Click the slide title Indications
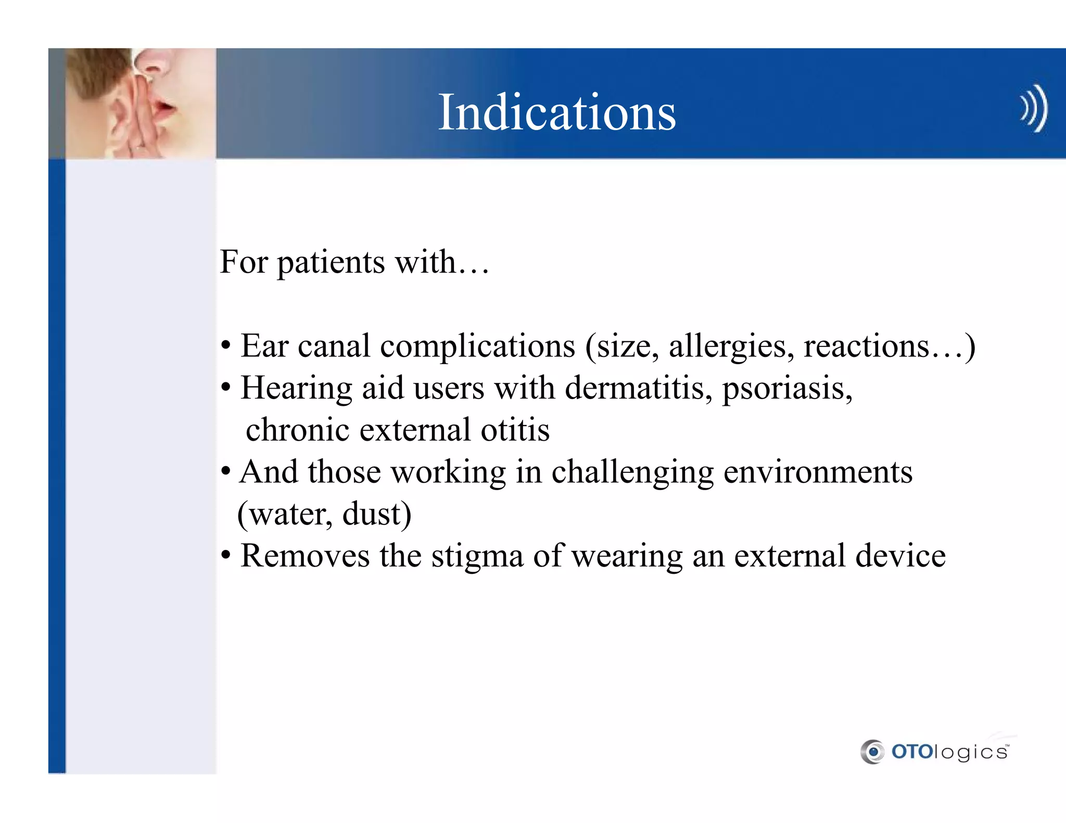(556, 112)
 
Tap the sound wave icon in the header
(1033, 108)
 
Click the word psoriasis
(786, 389)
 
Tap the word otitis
(515, 430)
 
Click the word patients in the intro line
(331, 263)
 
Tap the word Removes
(305, 556)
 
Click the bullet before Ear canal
(225, 346)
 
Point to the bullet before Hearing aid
(225, 388)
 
